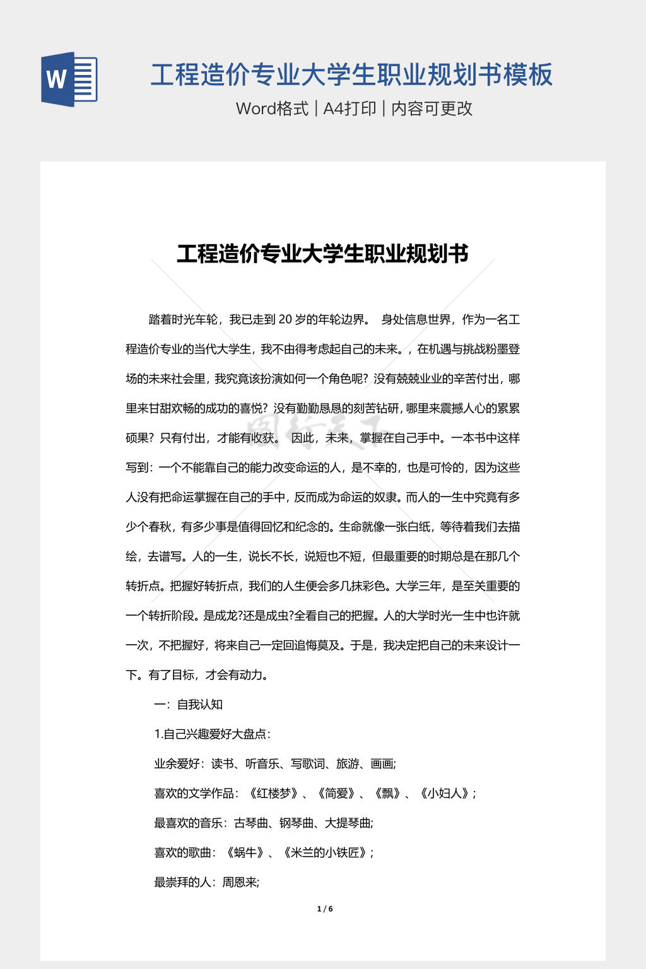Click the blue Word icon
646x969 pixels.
[x=69, y=79]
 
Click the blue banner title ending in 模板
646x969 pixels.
[x=351, y=74]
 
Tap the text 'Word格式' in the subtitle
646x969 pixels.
[x=272, y=109]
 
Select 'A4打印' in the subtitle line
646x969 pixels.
[x=349, y=109]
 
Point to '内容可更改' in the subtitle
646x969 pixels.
[x=432, y=109]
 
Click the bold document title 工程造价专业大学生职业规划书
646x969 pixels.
[x=322, y=254]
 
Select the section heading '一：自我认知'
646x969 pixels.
[x=189, y=705]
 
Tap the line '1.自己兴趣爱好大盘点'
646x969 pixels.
[x=213, y=734]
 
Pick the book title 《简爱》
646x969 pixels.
[x=336, y=794]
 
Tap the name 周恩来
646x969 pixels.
[x=240, y=883]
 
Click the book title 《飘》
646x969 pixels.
[x=387, y=794]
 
